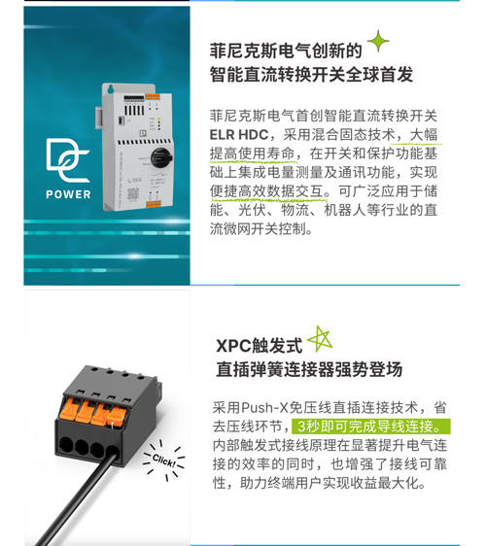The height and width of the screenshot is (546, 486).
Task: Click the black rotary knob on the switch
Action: click(161, 157)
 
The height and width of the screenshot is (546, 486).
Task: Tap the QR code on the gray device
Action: click(133, 193)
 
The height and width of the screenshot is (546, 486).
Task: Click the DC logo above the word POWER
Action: click(68, 160)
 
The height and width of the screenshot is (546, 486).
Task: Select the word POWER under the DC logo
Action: click(68, 194)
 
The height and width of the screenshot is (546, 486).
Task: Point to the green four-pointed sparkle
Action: click(378, 41)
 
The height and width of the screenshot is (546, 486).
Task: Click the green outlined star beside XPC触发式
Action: click(320, 339)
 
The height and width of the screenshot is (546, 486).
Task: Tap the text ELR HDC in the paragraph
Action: click(239, 135)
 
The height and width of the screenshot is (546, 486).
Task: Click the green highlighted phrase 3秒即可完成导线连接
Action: click(370, 427)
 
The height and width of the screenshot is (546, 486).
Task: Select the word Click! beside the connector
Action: click(163, 461)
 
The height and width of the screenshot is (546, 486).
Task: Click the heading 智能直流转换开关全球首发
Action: click(311, 74)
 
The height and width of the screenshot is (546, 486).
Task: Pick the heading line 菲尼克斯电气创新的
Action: click(286, 51)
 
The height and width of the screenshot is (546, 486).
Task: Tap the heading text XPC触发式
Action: click(259, 346)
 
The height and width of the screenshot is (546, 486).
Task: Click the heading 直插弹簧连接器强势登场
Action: click(309, 369)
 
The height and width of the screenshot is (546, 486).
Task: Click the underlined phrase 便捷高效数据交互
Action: click(267, 191)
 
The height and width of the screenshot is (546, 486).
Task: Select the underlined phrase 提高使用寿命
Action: click(253, 154)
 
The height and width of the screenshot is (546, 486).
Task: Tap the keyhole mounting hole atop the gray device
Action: click(111, 89)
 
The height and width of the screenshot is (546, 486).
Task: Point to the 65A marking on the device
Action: click(135, 180)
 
